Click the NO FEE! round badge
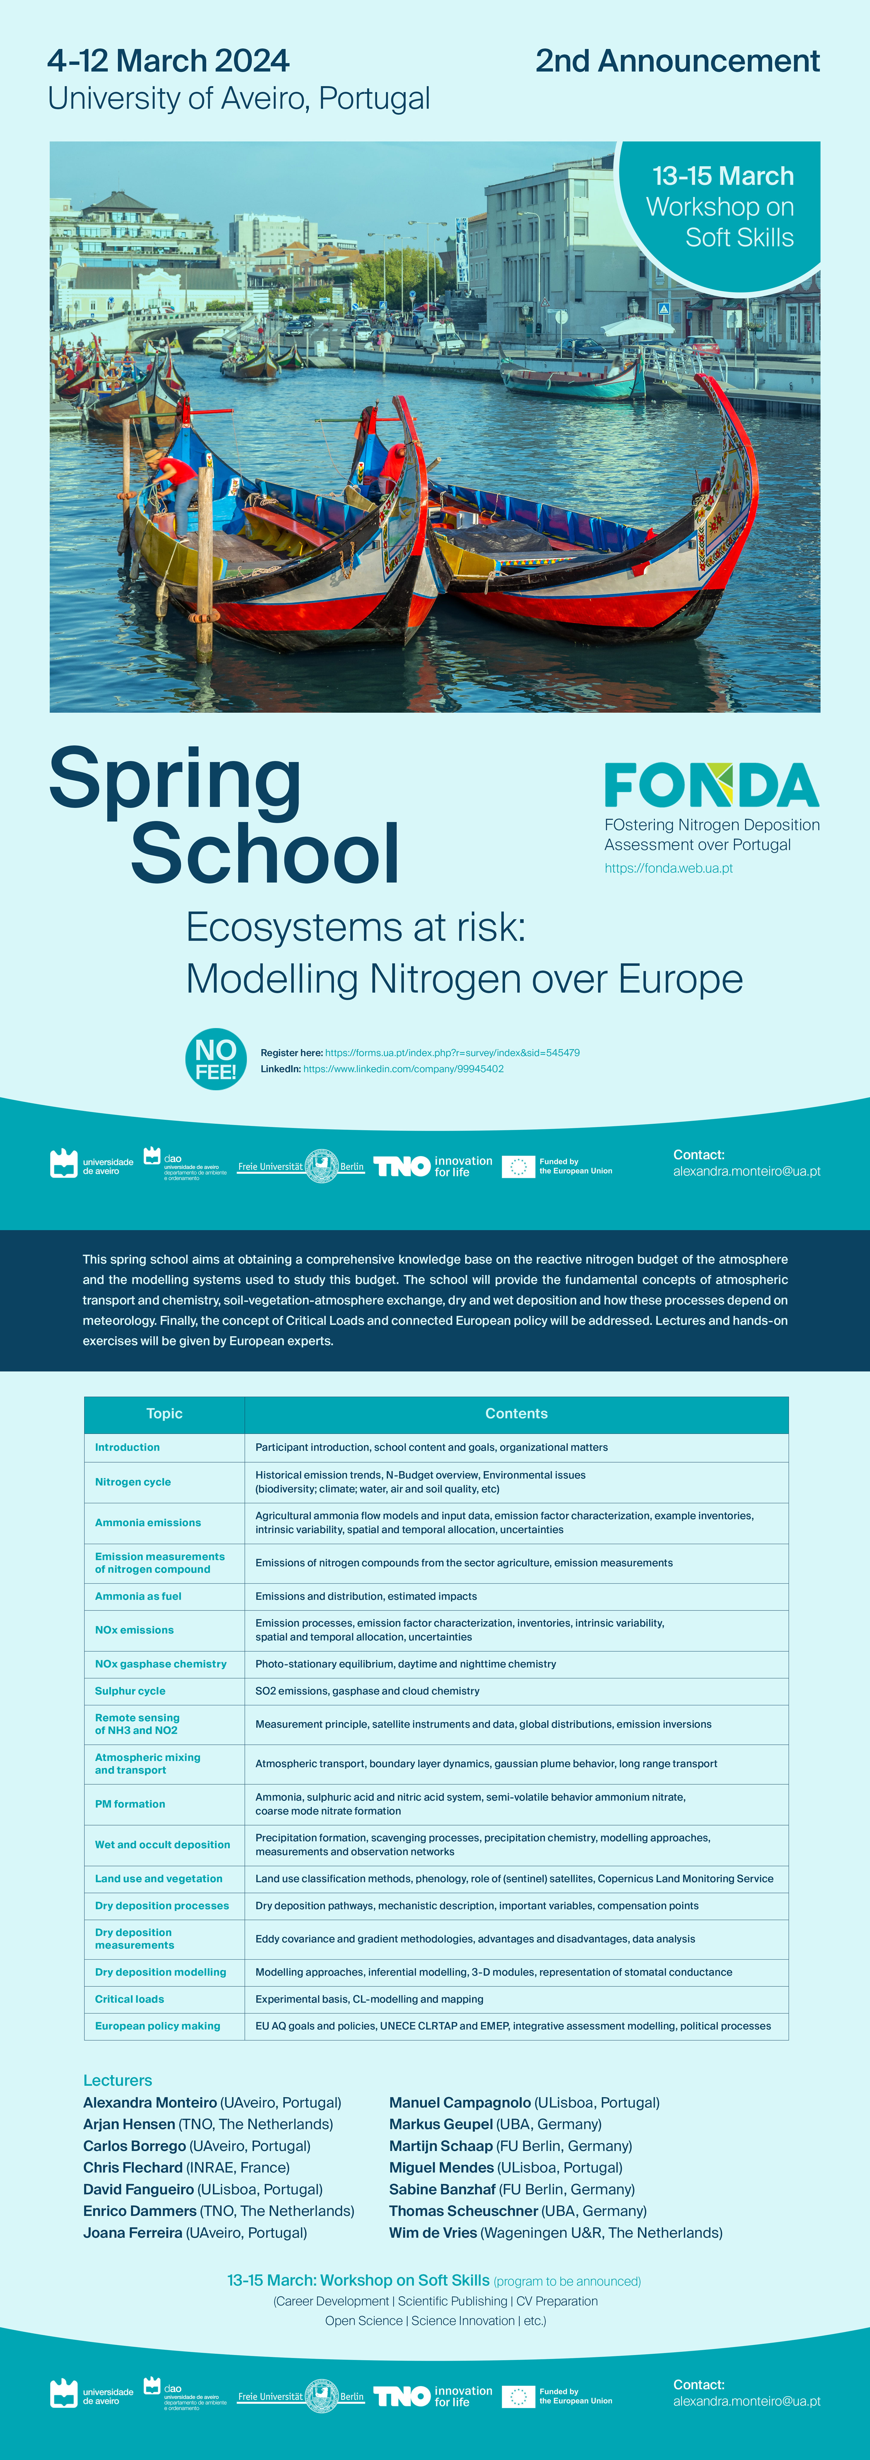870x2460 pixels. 216,1059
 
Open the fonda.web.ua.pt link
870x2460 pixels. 668,868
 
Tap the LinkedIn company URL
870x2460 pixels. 403,1069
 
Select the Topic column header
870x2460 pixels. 164,1413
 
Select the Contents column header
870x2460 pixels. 516,1413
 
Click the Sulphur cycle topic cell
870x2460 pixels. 130,1690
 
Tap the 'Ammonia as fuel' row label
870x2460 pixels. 138,1596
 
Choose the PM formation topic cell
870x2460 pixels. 130,1804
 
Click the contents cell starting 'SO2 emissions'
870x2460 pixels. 368,1690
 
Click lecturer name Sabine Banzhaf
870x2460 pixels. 442,2189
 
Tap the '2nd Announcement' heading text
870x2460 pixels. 677,61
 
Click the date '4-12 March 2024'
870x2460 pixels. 168,61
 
